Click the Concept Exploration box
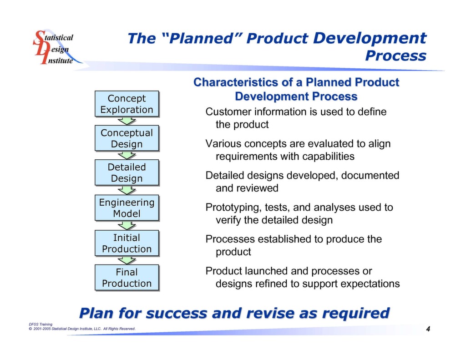pos(127,104)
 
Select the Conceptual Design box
pos(127,138)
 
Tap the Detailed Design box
pos(127,173)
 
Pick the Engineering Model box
pos(127,208)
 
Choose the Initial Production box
pos(127,243)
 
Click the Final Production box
pos(127,278)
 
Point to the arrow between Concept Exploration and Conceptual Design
pos(127,121)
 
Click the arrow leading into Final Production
pos(127,260)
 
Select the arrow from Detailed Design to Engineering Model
pos(127,190)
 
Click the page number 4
pos(428,329)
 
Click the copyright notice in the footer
pos(82,329)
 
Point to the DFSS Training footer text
pos(40,324)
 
